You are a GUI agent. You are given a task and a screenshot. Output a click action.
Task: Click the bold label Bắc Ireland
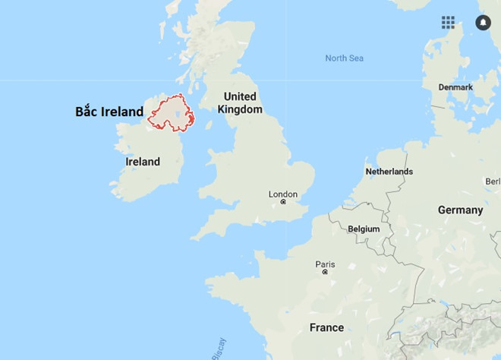point(109,112)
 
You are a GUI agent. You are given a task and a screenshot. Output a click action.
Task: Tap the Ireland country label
point(143,162)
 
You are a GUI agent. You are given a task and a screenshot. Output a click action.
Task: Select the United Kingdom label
point(239,103)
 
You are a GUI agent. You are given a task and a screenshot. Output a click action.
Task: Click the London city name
point(283,194)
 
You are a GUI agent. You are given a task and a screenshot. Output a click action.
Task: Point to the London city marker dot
point(283,202)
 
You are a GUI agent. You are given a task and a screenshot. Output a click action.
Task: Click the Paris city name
point(325,264)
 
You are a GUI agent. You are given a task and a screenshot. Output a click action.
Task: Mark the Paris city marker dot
point(325,271)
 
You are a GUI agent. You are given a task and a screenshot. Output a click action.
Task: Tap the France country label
point(326,327)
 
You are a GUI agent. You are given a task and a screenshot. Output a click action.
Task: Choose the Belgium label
point(363,229)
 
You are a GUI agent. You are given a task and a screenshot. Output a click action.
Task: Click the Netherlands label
point(389,172)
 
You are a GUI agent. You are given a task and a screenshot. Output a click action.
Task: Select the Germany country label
point(460,210)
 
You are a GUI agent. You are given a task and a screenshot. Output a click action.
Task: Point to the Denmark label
point(455,87)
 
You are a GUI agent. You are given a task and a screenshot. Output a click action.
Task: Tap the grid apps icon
point(448,22)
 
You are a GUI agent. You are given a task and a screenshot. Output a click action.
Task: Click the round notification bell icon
point(483,22)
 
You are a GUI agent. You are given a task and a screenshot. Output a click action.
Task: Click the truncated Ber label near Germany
point(493,182)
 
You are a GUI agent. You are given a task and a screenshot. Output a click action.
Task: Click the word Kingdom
point(239,109)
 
